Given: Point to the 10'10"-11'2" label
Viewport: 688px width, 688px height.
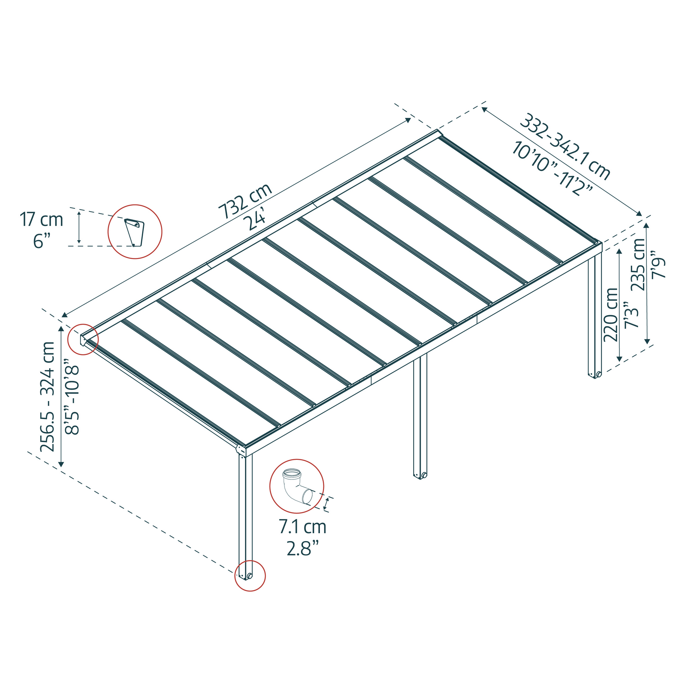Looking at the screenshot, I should (552, 169).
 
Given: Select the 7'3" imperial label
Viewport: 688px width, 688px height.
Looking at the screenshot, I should (631, 315).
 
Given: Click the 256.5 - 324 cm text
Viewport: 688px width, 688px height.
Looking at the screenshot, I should (47, 396).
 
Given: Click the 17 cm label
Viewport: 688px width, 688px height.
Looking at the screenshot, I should (41, 220).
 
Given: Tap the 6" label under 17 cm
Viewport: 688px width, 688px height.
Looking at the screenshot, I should (43, 241).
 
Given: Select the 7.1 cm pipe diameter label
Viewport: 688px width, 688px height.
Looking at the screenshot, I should (302, 527).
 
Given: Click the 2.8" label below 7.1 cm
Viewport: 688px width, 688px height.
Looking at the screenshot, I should (302, 549).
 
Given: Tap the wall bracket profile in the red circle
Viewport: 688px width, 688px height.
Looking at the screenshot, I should (135, 232).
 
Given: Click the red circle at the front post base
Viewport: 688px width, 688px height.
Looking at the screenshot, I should (250, 576).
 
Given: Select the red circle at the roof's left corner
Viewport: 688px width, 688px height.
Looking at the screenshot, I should (83, 339).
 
